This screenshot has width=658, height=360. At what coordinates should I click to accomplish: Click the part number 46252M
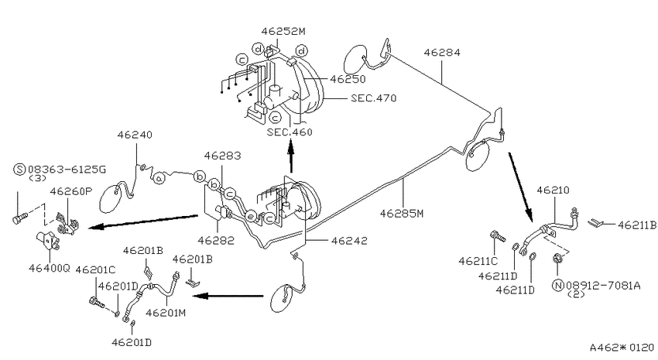[x=283, y=31]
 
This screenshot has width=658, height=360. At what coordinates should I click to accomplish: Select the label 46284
[x=442, y=53]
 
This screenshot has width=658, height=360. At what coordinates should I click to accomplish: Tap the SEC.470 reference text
[x=373, y=98]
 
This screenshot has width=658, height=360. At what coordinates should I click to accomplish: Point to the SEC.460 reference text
[x=290, y=132]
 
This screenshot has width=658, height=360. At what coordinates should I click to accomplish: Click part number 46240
[x=135, y=135]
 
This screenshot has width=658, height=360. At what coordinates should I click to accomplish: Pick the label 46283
[x=222, y=156]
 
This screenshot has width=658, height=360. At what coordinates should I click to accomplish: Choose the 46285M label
[x=402, y=214]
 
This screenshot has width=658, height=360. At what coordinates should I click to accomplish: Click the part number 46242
[x=349, y=241]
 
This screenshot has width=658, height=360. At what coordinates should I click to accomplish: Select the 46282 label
[x=216, y=241]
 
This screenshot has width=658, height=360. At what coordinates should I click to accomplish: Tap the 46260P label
[x=71, y=191]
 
